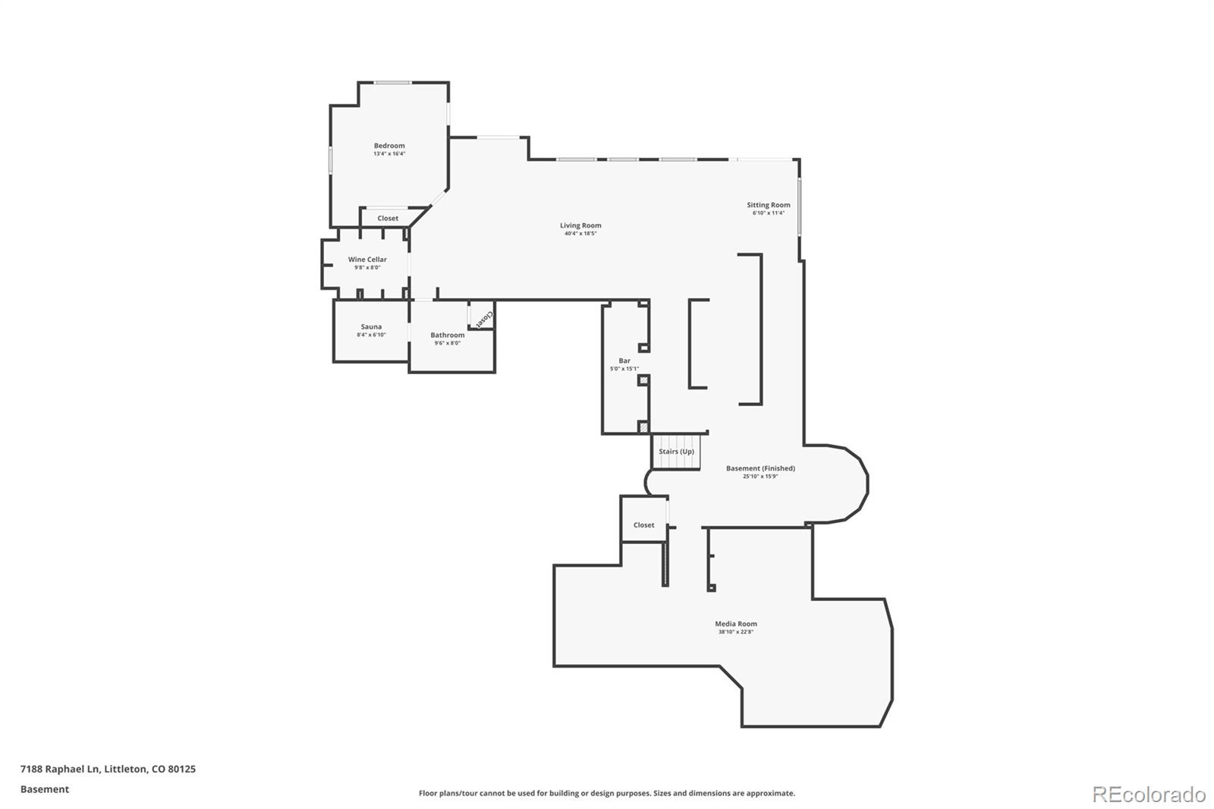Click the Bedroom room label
[x=389, y=146]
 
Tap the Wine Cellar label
[x=367, y=260]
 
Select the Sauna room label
[x=371, y=327]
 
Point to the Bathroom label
[x=448, y=335]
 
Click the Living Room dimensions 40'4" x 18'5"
[x=580, y=234]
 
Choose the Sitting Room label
[x=768, y=205]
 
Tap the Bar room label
[x=624, y=360]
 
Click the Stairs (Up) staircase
[x=676, y=452]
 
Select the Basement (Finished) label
[x=760, y=468]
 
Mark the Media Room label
[x=736, y=624]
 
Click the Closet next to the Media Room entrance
[x=643, y=524]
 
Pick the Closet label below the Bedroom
[x=388, y=219]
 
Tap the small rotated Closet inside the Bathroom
[x=483, y=317]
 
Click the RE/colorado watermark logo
[x=1149, y=795]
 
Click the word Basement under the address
[x=45, y=789]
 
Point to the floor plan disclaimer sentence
[x=607, y=793]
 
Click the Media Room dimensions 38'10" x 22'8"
[x=736, y=632]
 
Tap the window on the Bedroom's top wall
[x=393, y=83]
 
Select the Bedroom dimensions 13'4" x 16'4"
[x=389, y=154]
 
